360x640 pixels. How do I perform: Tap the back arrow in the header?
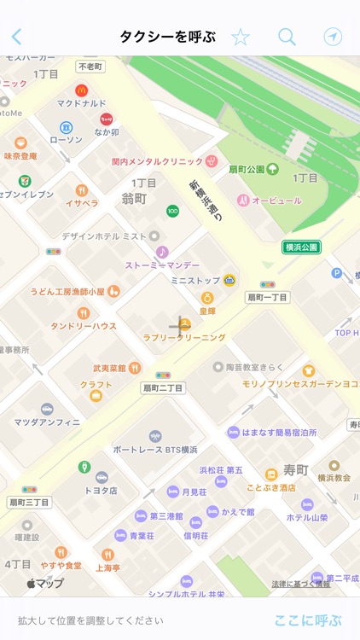click(16, 37)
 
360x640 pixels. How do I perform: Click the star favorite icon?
click(241, 37)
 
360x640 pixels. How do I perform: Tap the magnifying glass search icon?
click(287, 37)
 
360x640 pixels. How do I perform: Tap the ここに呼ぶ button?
click(308, 620)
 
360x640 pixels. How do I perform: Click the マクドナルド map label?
click(81, 104)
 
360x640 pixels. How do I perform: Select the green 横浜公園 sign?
click(301, 247)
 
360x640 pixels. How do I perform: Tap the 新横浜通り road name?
click(206, 201)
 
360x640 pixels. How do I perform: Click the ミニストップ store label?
click(195, 280)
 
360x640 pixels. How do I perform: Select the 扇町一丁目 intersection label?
click(267, 297)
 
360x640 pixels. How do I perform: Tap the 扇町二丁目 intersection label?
click(162, 387)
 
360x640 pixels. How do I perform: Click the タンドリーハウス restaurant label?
click(83, 326)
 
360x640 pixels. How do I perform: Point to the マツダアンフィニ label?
click(47, 422)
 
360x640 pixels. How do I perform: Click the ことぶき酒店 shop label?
click(270, 486)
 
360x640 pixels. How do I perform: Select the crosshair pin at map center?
click(180, 324)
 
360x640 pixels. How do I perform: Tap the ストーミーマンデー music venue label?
click(162, 265)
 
